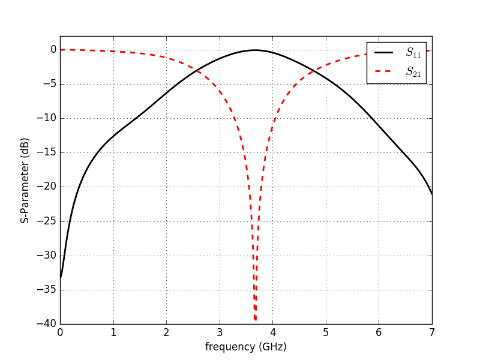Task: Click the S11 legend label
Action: pos(413,53)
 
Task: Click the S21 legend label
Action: pos(413,71)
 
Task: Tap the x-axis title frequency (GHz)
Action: pos(246,347)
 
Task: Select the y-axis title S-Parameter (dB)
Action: pos(25,180)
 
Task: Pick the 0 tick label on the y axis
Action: pos(53,50)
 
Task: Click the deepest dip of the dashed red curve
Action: pos(255,320)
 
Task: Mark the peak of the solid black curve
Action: pos(254,50)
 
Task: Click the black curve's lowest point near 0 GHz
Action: pos(61,277)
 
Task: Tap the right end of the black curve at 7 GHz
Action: pos(431,194)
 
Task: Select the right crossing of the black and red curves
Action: pos(311,72)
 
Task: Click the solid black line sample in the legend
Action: pos(384,53)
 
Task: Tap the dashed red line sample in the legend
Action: pos(384,71)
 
